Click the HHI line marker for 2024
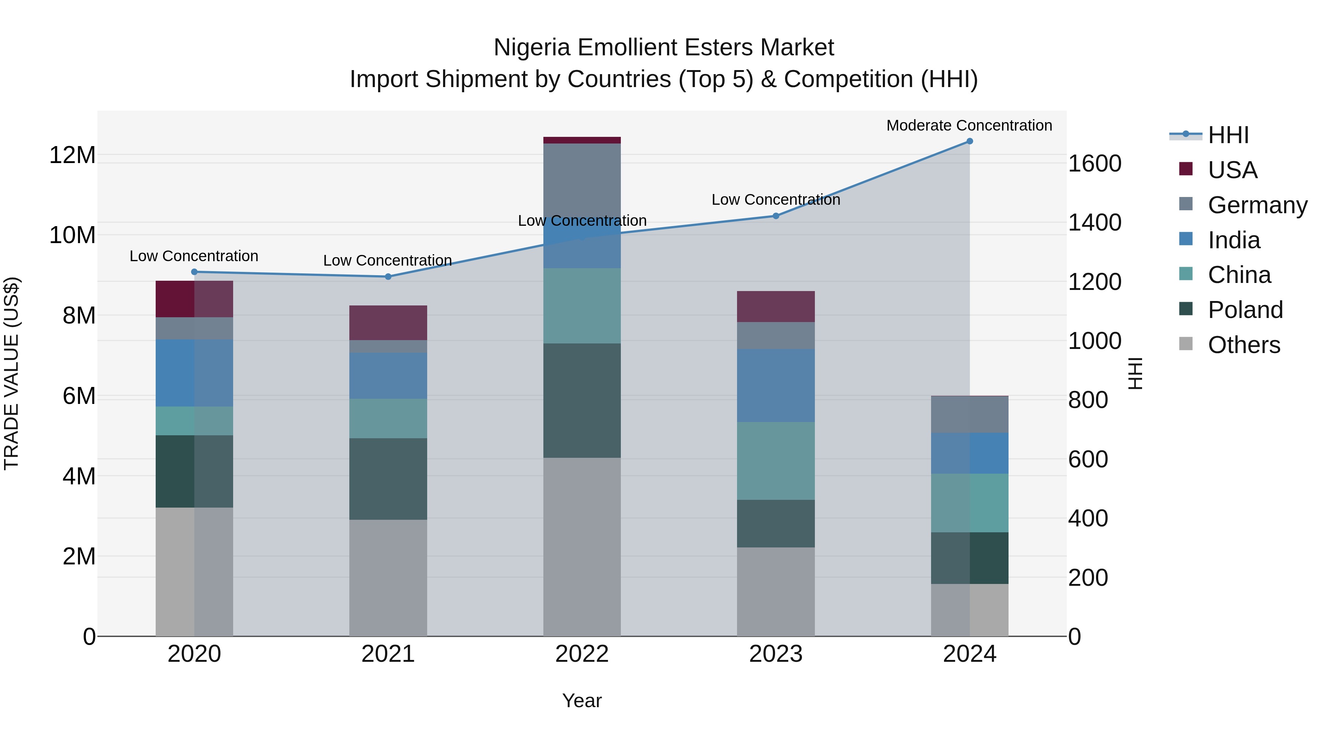coord(969,141)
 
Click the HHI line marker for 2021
coord(388,277)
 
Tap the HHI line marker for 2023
coord(775,216)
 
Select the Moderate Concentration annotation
coord(969,125)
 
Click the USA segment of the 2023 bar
coord(775,307)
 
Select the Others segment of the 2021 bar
coord(388,577)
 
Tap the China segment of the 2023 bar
coord(775,461)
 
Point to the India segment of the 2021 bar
coord(388,376)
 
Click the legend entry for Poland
coord(1245,310)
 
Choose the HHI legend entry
coord(1228,135)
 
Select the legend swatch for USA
coord(1186,169)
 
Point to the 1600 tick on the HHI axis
coord(1094,163)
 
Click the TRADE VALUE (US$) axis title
coord(11,373)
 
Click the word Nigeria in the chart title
coord(532,48)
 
